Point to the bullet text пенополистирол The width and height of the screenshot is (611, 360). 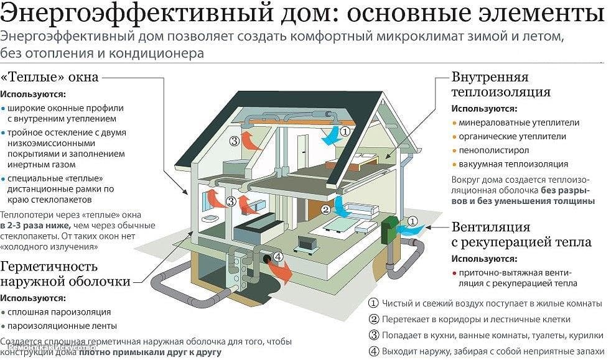tap(493, 150)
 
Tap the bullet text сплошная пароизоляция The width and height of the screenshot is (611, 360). tap(60, 312)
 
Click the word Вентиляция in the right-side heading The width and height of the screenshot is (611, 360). tap(491, 227)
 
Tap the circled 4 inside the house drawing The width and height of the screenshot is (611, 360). tap(278, 256)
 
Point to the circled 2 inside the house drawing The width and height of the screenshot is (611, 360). tap(325, 210)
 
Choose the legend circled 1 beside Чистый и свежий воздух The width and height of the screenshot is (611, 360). tap(373, 304)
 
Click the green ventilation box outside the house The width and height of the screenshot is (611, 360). tap(390, 228)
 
